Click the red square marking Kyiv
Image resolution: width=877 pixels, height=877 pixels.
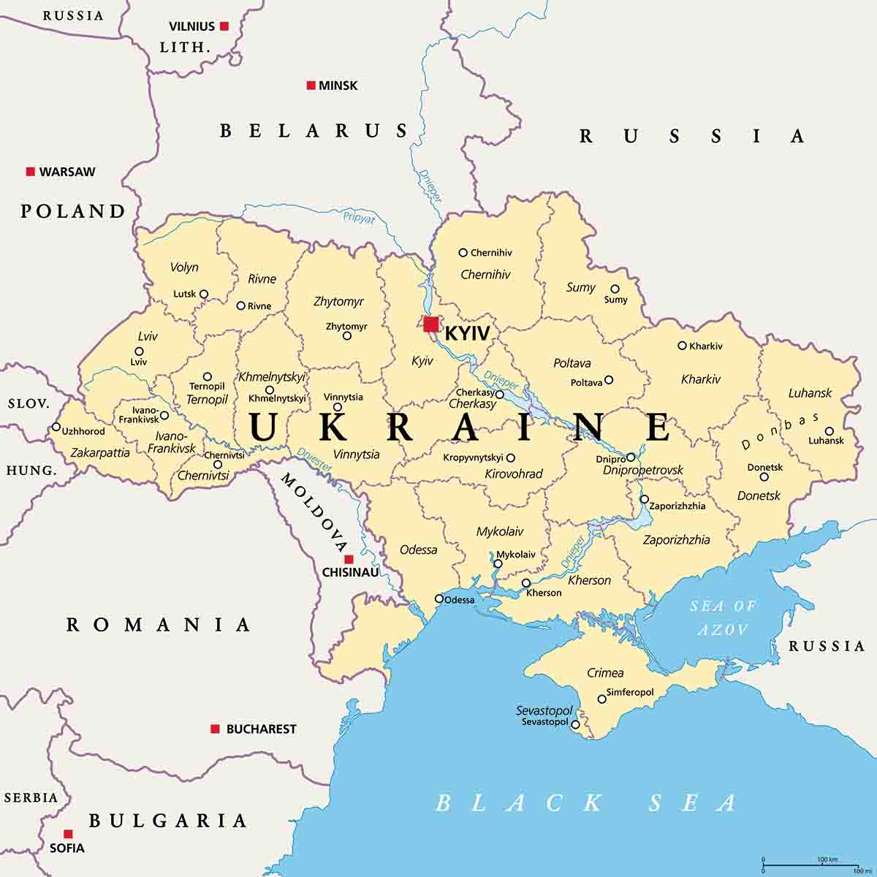[x=431, y=324]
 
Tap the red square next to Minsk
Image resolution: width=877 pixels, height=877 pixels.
[x=311, y=86]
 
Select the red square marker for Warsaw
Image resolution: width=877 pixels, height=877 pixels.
[x=31, y=172]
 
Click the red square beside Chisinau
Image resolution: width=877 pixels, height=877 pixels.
[x=349, y=559]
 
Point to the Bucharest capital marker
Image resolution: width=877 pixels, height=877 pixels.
[x=215, y=729]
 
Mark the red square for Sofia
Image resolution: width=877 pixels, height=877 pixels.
[x=68, y=834]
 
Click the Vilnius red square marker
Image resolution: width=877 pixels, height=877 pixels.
[x=224, y=26]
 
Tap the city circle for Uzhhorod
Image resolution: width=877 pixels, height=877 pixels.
[x=56, y=427]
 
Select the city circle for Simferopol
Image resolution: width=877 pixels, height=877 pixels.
[x=602, y=699]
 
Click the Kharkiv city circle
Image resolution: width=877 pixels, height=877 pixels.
[x=682, y=346]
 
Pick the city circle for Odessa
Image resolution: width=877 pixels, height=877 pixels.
[x=439, y=599]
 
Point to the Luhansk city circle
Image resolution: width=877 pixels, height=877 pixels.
[x=829, y=431]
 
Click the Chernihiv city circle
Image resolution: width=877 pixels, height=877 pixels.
[x=463, y=253]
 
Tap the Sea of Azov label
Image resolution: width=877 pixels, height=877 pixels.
[x=723, y=618]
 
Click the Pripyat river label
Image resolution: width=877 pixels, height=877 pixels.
[x=359, y=217]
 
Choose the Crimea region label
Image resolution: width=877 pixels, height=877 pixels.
[x=605, y=672]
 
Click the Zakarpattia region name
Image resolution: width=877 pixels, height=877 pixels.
[x=100, y=453]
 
